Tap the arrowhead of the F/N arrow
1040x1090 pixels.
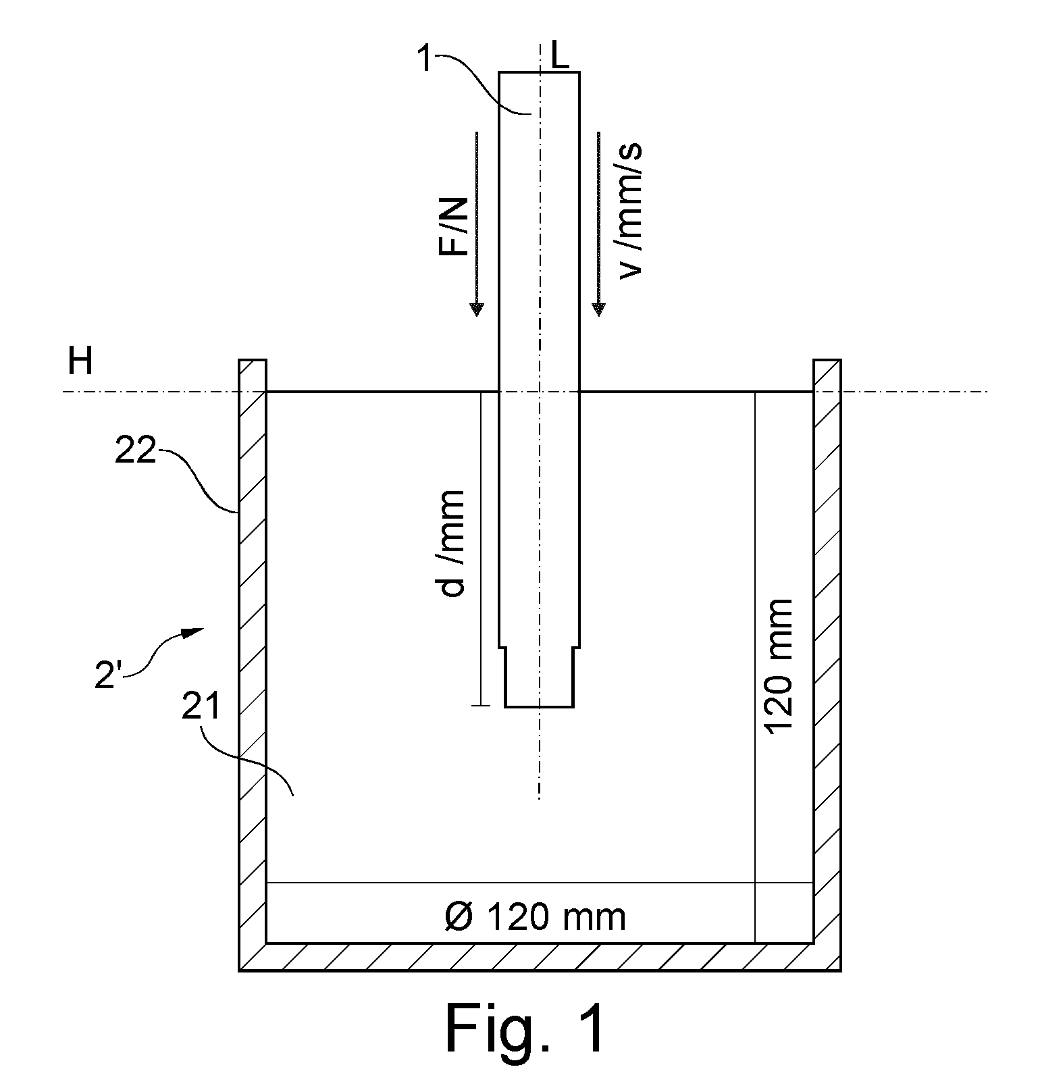pyautogui.click(x=477, y=309)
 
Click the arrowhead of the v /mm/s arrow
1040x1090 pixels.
pyautogui.click(x=598, y=309)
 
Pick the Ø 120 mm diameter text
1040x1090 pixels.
pyautogui.click(x=536, y=917)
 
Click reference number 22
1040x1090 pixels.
pyautogui.click(x=135, y=450)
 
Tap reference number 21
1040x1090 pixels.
pyautogui.click(x=201, y=707)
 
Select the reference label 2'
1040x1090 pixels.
pyautogui.click(x=108, y=676)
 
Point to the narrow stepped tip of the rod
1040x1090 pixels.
pyautogui.click(x=540, y=677)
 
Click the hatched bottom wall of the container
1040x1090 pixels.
pyautogui.click(x=540, y=956)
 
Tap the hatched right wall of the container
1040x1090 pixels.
pyautogui.click(x=827, y=651)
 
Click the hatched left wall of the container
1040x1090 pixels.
pyautogui.click(x=253, y=651)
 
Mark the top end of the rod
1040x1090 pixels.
pyautogui.click(x=539, y=72)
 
